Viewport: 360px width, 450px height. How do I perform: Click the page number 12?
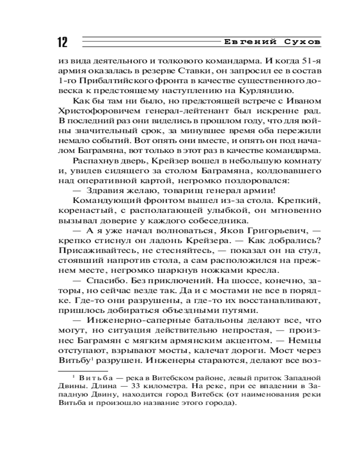(x=62, y=43)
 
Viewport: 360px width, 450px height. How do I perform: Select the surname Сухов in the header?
(x=302, y=42)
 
